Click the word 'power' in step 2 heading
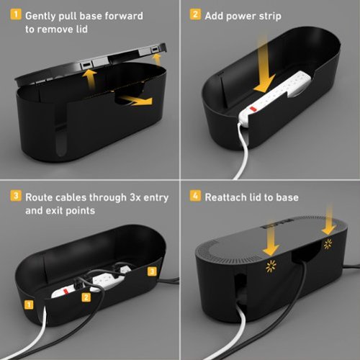[241, 15]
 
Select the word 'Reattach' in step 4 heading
[231, 197]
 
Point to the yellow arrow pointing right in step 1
[137, 100]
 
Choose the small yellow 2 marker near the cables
[85, 296]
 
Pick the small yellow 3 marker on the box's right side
[151, 271]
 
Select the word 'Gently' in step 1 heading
[42, 15]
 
